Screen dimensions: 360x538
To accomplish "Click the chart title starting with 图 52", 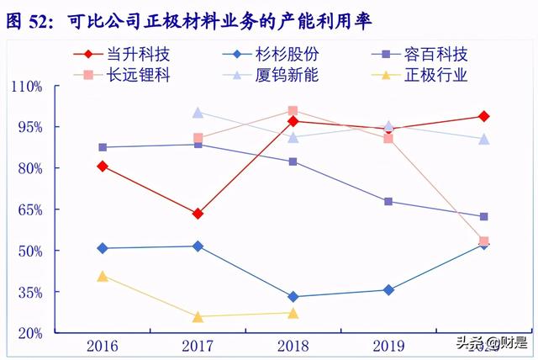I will [x=188, y=19].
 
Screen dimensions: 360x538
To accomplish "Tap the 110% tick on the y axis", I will [x=27, y=86].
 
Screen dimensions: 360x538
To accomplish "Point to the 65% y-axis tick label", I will [x=30, y=209].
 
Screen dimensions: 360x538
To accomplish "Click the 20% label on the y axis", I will [x=30, y=333].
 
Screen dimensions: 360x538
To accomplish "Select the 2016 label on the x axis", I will [x=102, y=345].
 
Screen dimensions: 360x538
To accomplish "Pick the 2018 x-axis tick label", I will [x=293, y=345].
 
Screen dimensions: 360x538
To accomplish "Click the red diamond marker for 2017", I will [x=198, y=214].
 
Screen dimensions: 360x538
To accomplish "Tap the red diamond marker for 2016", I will [x=103, y=167].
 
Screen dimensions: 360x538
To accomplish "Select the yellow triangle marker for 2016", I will [x=103, y=276].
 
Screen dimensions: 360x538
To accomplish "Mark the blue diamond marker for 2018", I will [x=293, y=297].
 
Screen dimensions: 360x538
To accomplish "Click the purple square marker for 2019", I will [x=388, y=202].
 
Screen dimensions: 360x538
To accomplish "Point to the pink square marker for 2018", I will [x=293, y=111].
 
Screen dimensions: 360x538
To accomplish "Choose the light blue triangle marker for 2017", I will [x=198, y=113].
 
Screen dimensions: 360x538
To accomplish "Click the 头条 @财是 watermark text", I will [x=492, y=343].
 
